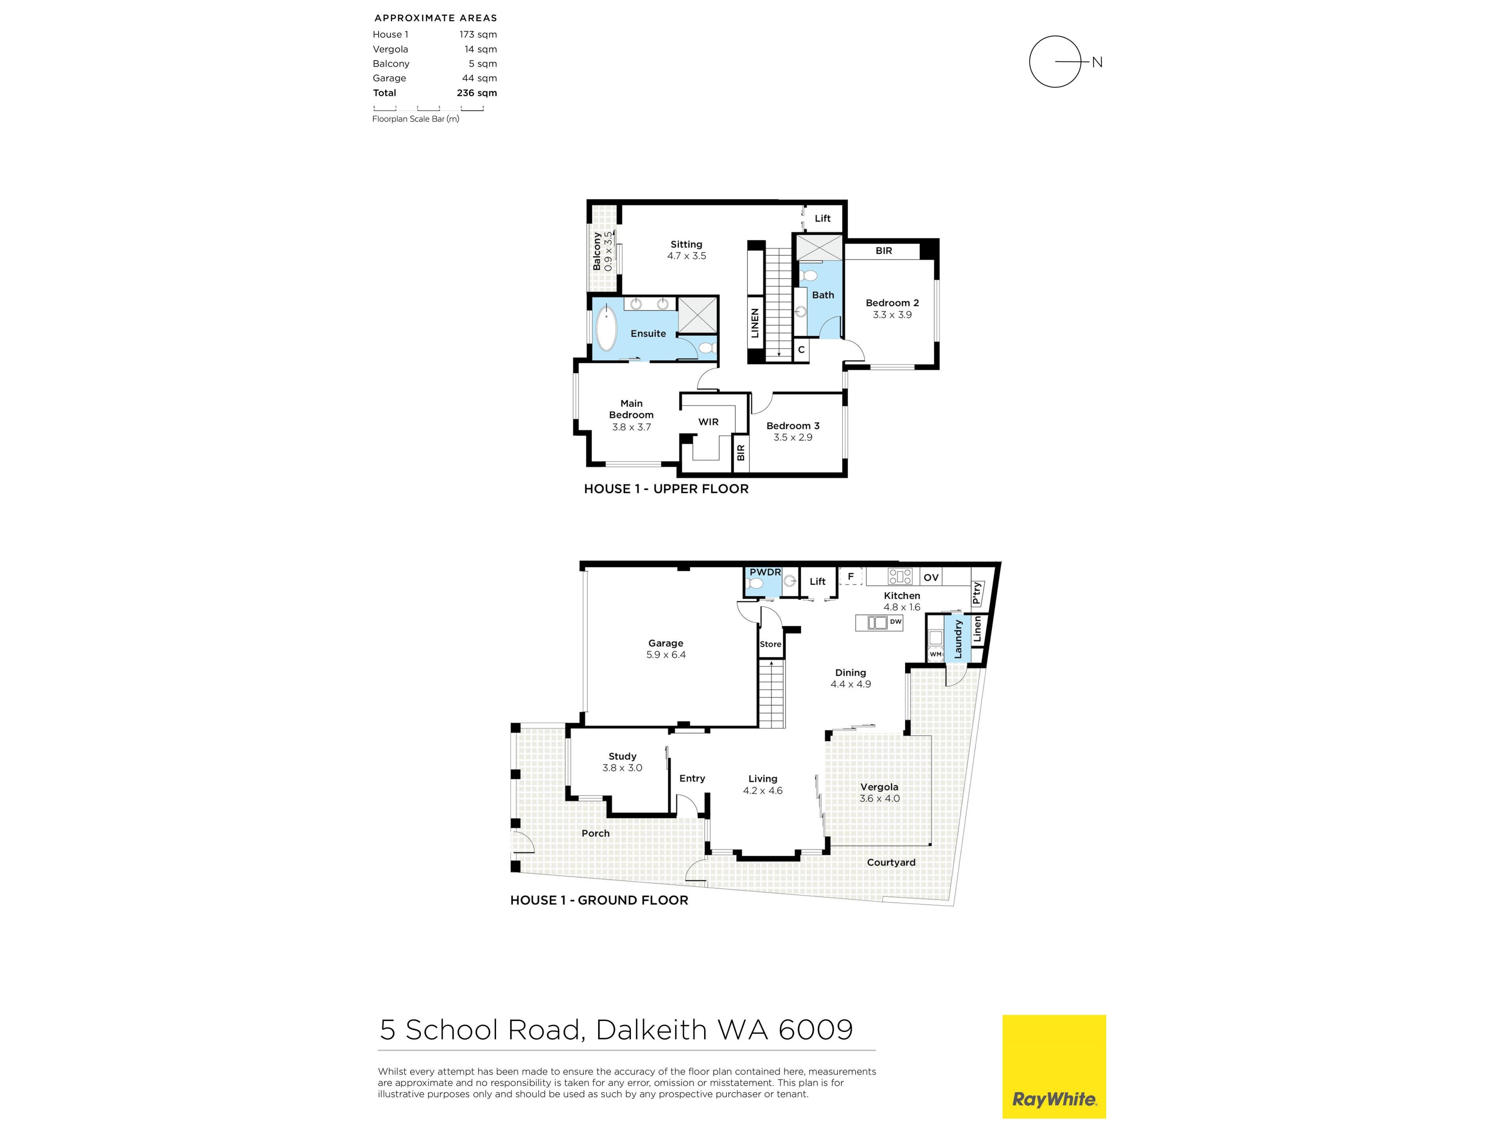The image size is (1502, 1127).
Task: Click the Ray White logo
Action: tap(1054, 1066)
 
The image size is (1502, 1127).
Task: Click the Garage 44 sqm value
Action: tap(480, 78)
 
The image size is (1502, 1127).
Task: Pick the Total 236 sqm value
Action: tap(477, 93)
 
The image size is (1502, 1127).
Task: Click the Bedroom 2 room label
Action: tap(892, 303)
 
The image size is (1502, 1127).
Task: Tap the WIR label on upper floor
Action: tap(708, 422)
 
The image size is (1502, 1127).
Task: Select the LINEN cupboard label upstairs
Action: tap(755, 323)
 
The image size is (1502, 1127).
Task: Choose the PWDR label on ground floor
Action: tap(765, 573)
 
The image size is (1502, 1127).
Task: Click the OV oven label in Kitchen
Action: tap(931, 578)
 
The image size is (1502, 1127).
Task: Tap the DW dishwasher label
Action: tap(896, 621)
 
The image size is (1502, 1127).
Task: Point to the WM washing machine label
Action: tap(936, 654)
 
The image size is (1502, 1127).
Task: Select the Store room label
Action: tap(771, 644)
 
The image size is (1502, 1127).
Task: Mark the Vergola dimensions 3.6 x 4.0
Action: tap(879, 798)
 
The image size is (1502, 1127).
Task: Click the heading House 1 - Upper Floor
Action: tap(666, 489)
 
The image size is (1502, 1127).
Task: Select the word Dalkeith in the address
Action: tap(651, 1030)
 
